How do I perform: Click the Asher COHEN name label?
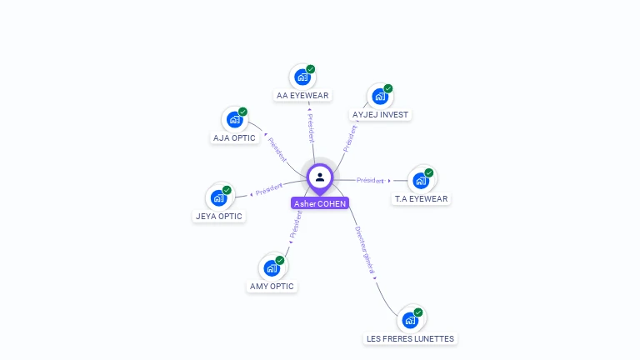(320, 203)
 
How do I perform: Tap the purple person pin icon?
(320, 177)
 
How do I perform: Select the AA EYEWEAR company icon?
(302, 77)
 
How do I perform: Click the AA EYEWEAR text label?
(303, 96)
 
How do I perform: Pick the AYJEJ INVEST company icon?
(380, 96)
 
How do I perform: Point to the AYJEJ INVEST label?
(381, 114)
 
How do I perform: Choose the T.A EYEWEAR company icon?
(421, 180)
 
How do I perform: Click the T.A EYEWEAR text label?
(421, 199)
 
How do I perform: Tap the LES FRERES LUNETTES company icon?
(410, 320)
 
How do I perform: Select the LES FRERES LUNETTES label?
(410, 339)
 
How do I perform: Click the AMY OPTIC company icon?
(272, 267)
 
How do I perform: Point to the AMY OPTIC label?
(272, 287)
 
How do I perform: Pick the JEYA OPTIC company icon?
(218, 197)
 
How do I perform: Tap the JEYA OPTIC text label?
(218, 217)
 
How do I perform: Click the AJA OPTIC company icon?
(234, 119)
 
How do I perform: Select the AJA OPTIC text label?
(234, 138)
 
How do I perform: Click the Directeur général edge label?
(364, 250)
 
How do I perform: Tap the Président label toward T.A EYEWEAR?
(370, 180)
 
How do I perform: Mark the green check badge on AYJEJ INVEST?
(388, 88)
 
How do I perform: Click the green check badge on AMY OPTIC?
(280, 260)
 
